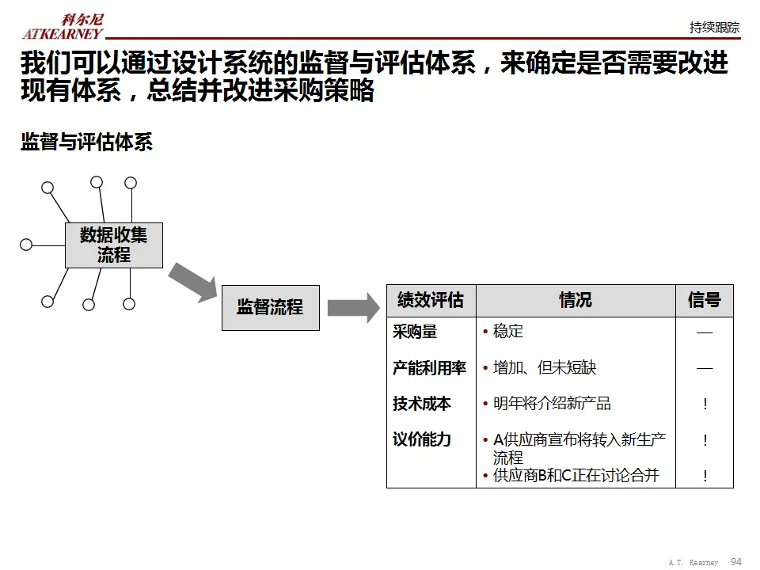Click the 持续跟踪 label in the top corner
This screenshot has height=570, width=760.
pos(714,27)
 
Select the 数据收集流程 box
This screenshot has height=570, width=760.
pos(113,245)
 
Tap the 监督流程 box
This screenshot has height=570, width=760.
pos(270,307)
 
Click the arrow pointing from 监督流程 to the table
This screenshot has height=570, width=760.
pos(353,307)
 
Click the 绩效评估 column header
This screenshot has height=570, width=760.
pos(431,301)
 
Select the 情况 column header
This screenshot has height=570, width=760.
pos(576,301)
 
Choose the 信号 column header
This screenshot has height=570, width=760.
pos(704,301)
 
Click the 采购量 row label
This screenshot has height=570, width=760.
pos(415,332)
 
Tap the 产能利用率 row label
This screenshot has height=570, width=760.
pos(429,368)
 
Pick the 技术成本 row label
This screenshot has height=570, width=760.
pos(421,404)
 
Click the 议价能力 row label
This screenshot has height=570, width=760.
pos(421,439)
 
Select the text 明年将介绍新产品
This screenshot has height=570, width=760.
pos(552,404)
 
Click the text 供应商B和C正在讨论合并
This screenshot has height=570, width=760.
pos(576,476)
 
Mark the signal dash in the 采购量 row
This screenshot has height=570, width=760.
pos(705,332)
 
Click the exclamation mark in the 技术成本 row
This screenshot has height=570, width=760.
pos(705,404)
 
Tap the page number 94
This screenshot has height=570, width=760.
pos(735,561)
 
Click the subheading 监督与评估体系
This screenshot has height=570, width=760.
pos(86,142)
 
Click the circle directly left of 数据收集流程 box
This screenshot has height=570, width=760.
pos(26,245)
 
